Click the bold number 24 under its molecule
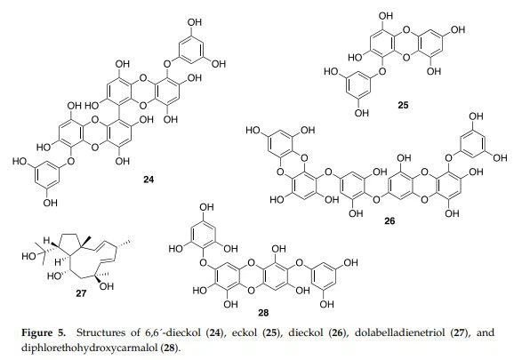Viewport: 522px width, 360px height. (149, 180)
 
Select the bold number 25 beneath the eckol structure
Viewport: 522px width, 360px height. (403, 106)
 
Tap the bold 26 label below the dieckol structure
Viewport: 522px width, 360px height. (389, 220)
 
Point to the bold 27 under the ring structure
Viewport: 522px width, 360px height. (81, 293)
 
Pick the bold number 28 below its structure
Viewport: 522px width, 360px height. (263, 313)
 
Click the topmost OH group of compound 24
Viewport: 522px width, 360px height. (195, 22)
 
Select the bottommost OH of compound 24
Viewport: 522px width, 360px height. (51, 203)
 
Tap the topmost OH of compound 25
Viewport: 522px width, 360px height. (386, 16)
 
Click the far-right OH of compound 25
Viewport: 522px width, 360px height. (458, 29)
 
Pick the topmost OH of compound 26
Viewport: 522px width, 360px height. (476, 116)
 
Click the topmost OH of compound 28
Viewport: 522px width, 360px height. (206, 207)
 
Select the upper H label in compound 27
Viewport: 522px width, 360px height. (46, 241)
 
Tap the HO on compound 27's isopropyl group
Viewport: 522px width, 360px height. (28, 257)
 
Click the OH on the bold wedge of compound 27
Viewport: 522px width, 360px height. (107, 286)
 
